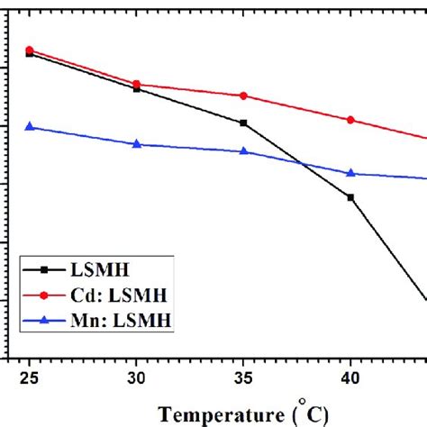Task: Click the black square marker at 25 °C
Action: [x=30, y=54]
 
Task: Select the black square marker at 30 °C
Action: [x=137, y=88]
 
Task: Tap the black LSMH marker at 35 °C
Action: [x=244, y=123]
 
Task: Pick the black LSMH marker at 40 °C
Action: [x=350, y=196]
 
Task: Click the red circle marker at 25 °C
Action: [x=30, y=50]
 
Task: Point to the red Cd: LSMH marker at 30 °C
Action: [x=137, y=84]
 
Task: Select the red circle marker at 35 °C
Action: [x=244, y=95]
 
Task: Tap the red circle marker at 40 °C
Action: [x=350, y=120]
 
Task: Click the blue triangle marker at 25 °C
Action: [x=30, y=127]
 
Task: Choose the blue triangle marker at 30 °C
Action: [x=137, y=144]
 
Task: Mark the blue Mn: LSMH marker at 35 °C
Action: [x=244, y=151]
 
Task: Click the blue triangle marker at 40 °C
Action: [x=350, y=173]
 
